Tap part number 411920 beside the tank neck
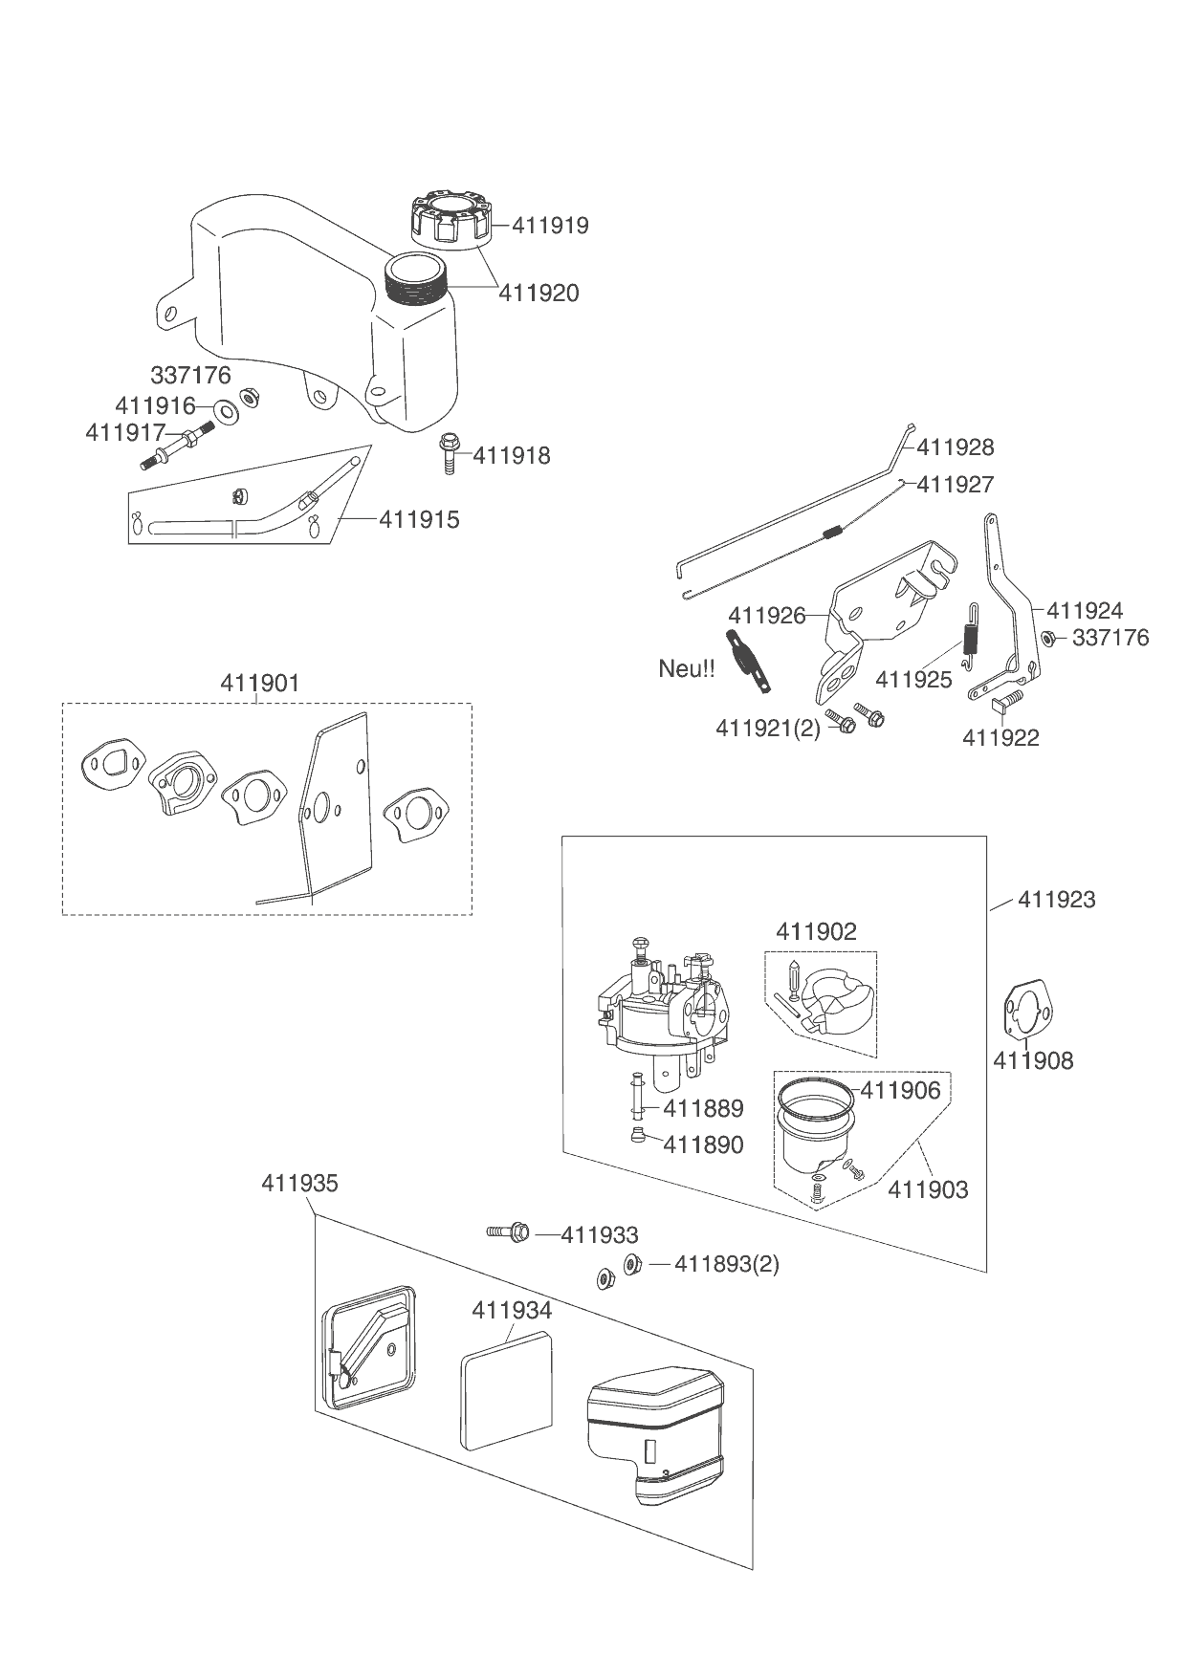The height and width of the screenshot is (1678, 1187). [x=539, y=293]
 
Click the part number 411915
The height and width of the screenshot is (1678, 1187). [x=419, y=519]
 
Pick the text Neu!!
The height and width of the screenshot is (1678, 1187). [x=686, y=668]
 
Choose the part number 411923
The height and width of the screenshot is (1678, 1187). [x=1056, y=899]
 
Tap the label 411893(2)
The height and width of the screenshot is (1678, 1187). [x=727, y=1264]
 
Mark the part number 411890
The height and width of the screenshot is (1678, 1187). [x=703, y=1144]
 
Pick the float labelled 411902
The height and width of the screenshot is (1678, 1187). [x=834, y=1010]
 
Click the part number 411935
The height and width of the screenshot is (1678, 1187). [x=299, y=1183]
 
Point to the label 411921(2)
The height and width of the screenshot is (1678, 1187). [x=767, y=728]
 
